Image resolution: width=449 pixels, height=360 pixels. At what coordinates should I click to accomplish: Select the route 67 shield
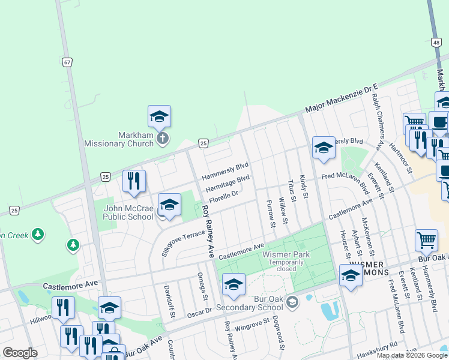pos(66,62)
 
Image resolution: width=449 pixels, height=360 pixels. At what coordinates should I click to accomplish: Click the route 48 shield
pos(436,42)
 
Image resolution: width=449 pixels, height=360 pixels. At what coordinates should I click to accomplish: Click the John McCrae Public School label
pos(128,212)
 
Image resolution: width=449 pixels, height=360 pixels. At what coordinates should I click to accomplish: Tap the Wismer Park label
pos(277,254)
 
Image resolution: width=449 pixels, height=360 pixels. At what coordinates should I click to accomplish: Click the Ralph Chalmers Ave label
pos(377,121)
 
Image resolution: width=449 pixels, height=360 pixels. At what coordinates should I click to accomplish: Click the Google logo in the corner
pos(20,353)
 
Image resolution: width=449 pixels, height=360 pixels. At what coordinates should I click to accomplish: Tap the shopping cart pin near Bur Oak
pos(426,239)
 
